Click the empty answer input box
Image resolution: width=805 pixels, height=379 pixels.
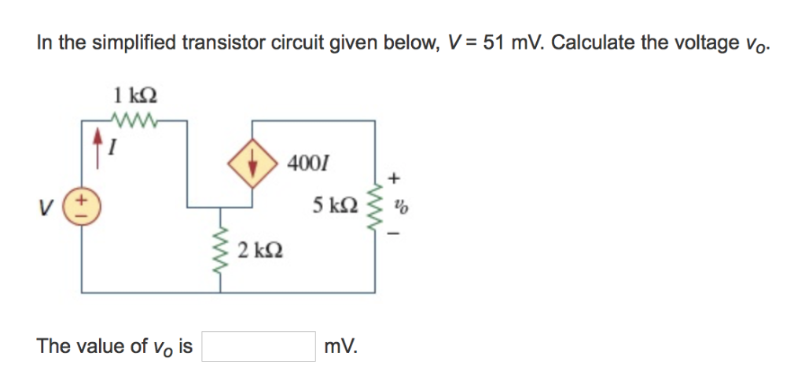258,346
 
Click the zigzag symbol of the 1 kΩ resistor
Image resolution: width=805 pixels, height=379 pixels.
137,121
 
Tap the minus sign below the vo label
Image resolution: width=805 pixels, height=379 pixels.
398,233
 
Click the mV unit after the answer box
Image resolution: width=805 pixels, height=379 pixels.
340,346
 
